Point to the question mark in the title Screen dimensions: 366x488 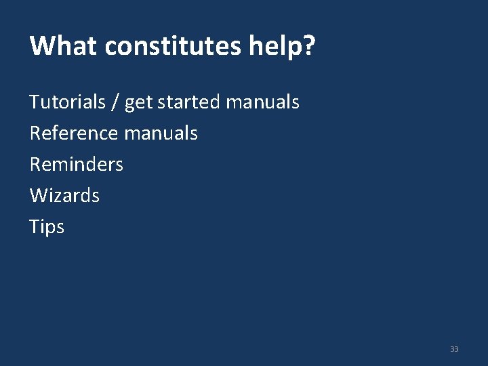coord(309,46)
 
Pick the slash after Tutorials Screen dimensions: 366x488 coord(115,103)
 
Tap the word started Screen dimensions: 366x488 coord(188,102)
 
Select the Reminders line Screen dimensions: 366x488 coord(77,164)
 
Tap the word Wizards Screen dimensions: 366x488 coord(64,196)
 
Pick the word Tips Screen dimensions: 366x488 coord(47,227)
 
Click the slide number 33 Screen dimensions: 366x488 coord(454,349)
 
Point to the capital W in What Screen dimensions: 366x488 coord(41,46)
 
